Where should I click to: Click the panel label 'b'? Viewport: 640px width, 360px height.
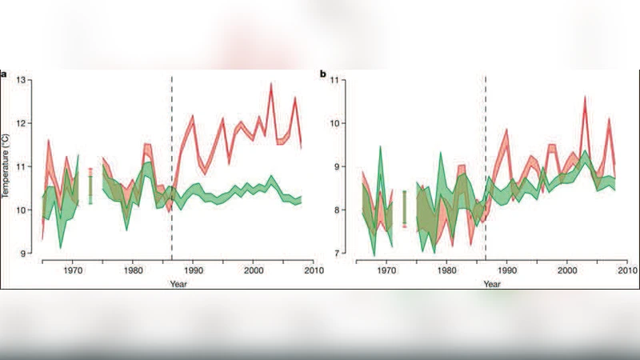(x=323, y=74)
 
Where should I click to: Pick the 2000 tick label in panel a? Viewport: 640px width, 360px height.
(x=253, y=270)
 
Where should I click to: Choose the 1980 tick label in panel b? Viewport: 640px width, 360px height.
(x=446, y=270)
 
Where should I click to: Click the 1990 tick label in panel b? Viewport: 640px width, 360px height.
(x=506, y=270)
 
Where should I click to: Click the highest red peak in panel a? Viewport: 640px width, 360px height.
(x=271, y=84)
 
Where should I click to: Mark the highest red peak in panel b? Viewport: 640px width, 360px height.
(x=585, y=98)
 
